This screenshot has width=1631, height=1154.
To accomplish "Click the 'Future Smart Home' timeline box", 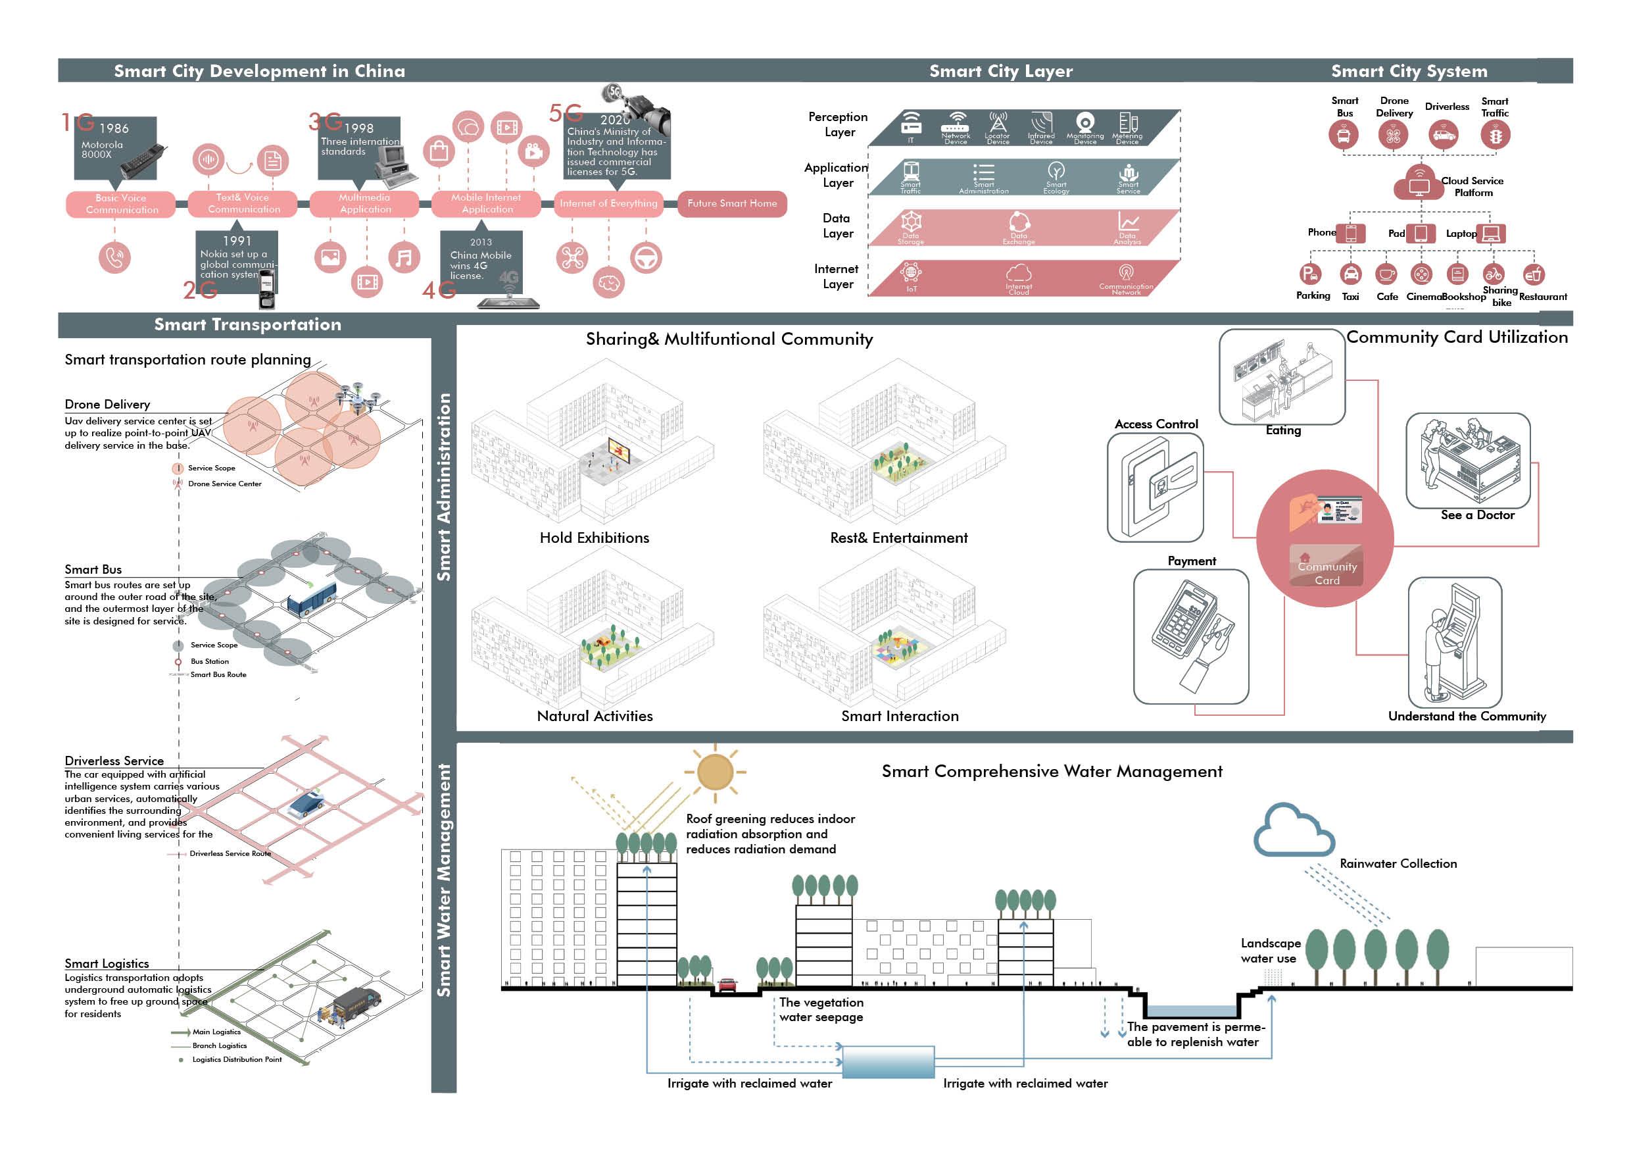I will tap(732, 204).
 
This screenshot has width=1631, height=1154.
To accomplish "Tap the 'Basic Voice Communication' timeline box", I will tap(122, 204).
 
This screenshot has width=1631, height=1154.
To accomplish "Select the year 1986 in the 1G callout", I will tap(114, 128).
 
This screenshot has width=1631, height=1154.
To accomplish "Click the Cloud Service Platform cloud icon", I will tap(1419, 184).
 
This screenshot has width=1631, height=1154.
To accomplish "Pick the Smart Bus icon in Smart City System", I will tap(1344, 135).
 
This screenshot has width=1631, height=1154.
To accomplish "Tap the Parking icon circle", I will tap(1310, 274).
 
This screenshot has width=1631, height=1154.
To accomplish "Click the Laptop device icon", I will tap(1491, 233).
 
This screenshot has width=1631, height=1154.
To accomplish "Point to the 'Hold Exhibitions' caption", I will tap(594, 538).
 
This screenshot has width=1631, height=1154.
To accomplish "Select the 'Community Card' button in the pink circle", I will tap(1327, 573).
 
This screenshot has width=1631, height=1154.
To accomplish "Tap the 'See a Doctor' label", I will tap(1477, 515).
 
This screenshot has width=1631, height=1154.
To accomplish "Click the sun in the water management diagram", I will tap(715, 772).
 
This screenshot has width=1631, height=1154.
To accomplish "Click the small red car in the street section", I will tap(727, 985).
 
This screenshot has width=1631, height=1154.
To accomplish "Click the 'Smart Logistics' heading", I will tap(107, 964).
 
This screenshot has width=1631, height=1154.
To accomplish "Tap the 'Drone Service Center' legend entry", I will tap(224, 484).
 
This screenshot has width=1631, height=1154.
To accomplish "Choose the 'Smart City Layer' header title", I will tap(1000, 71).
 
